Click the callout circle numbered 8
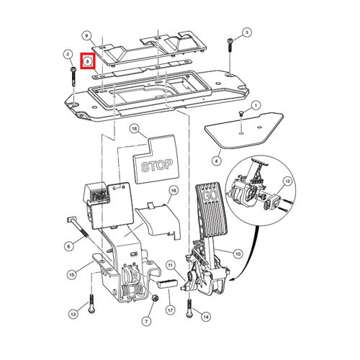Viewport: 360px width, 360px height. coord(88,61)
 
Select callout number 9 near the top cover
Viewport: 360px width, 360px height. coord(86,36)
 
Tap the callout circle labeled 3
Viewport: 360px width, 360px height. coord(247,32)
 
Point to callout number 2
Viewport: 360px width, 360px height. coord(68,55)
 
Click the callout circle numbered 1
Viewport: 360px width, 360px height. coord(256,105)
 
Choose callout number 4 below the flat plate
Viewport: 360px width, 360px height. coord(217,161)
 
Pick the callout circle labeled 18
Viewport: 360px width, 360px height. coord(135,129)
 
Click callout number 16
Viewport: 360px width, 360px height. coord(174,191)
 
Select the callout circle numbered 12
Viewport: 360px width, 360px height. coord(287,181)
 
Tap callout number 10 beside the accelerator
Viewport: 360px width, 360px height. coord(238,254)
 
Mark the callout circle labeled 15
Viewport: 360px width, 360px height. coord(72,274)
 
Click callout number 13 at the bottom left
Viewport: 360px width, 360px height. coord(73,314)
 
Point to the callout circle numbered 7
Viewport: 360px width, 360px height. coord(147,321)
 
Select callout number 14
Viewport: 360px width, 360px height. coord(206,317)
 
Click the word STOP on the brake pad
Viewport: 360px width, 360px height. coord(157,166)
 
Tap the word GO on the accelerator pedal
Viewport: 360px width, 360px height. coord(210,195)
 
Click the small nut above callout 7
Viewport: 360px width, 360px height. coord(155,298)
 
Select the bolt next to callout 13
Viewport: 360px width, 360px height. coord(91,303)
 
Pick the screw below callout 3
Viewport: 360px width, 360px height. coord(230,45)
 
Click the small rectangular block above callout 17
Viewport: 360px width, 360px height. coord(167,284)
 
